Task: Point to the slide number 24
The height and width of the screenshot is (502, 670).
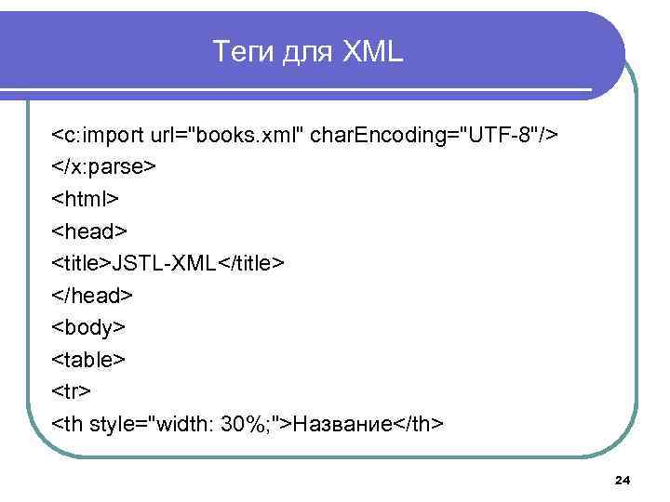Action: [623, 480]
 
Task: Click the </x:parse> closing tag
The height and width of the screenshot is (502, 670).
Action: [103, 168]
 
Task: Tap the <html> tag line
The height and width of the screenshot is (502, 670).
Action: [86, 200]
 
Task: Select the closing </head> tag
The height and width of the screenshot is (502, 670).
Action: [93, 296]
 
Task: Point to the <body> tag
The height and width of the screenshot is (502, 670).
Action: [88, 328]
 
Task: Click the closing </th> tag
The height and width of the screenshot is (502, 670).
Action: [418, 424]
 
